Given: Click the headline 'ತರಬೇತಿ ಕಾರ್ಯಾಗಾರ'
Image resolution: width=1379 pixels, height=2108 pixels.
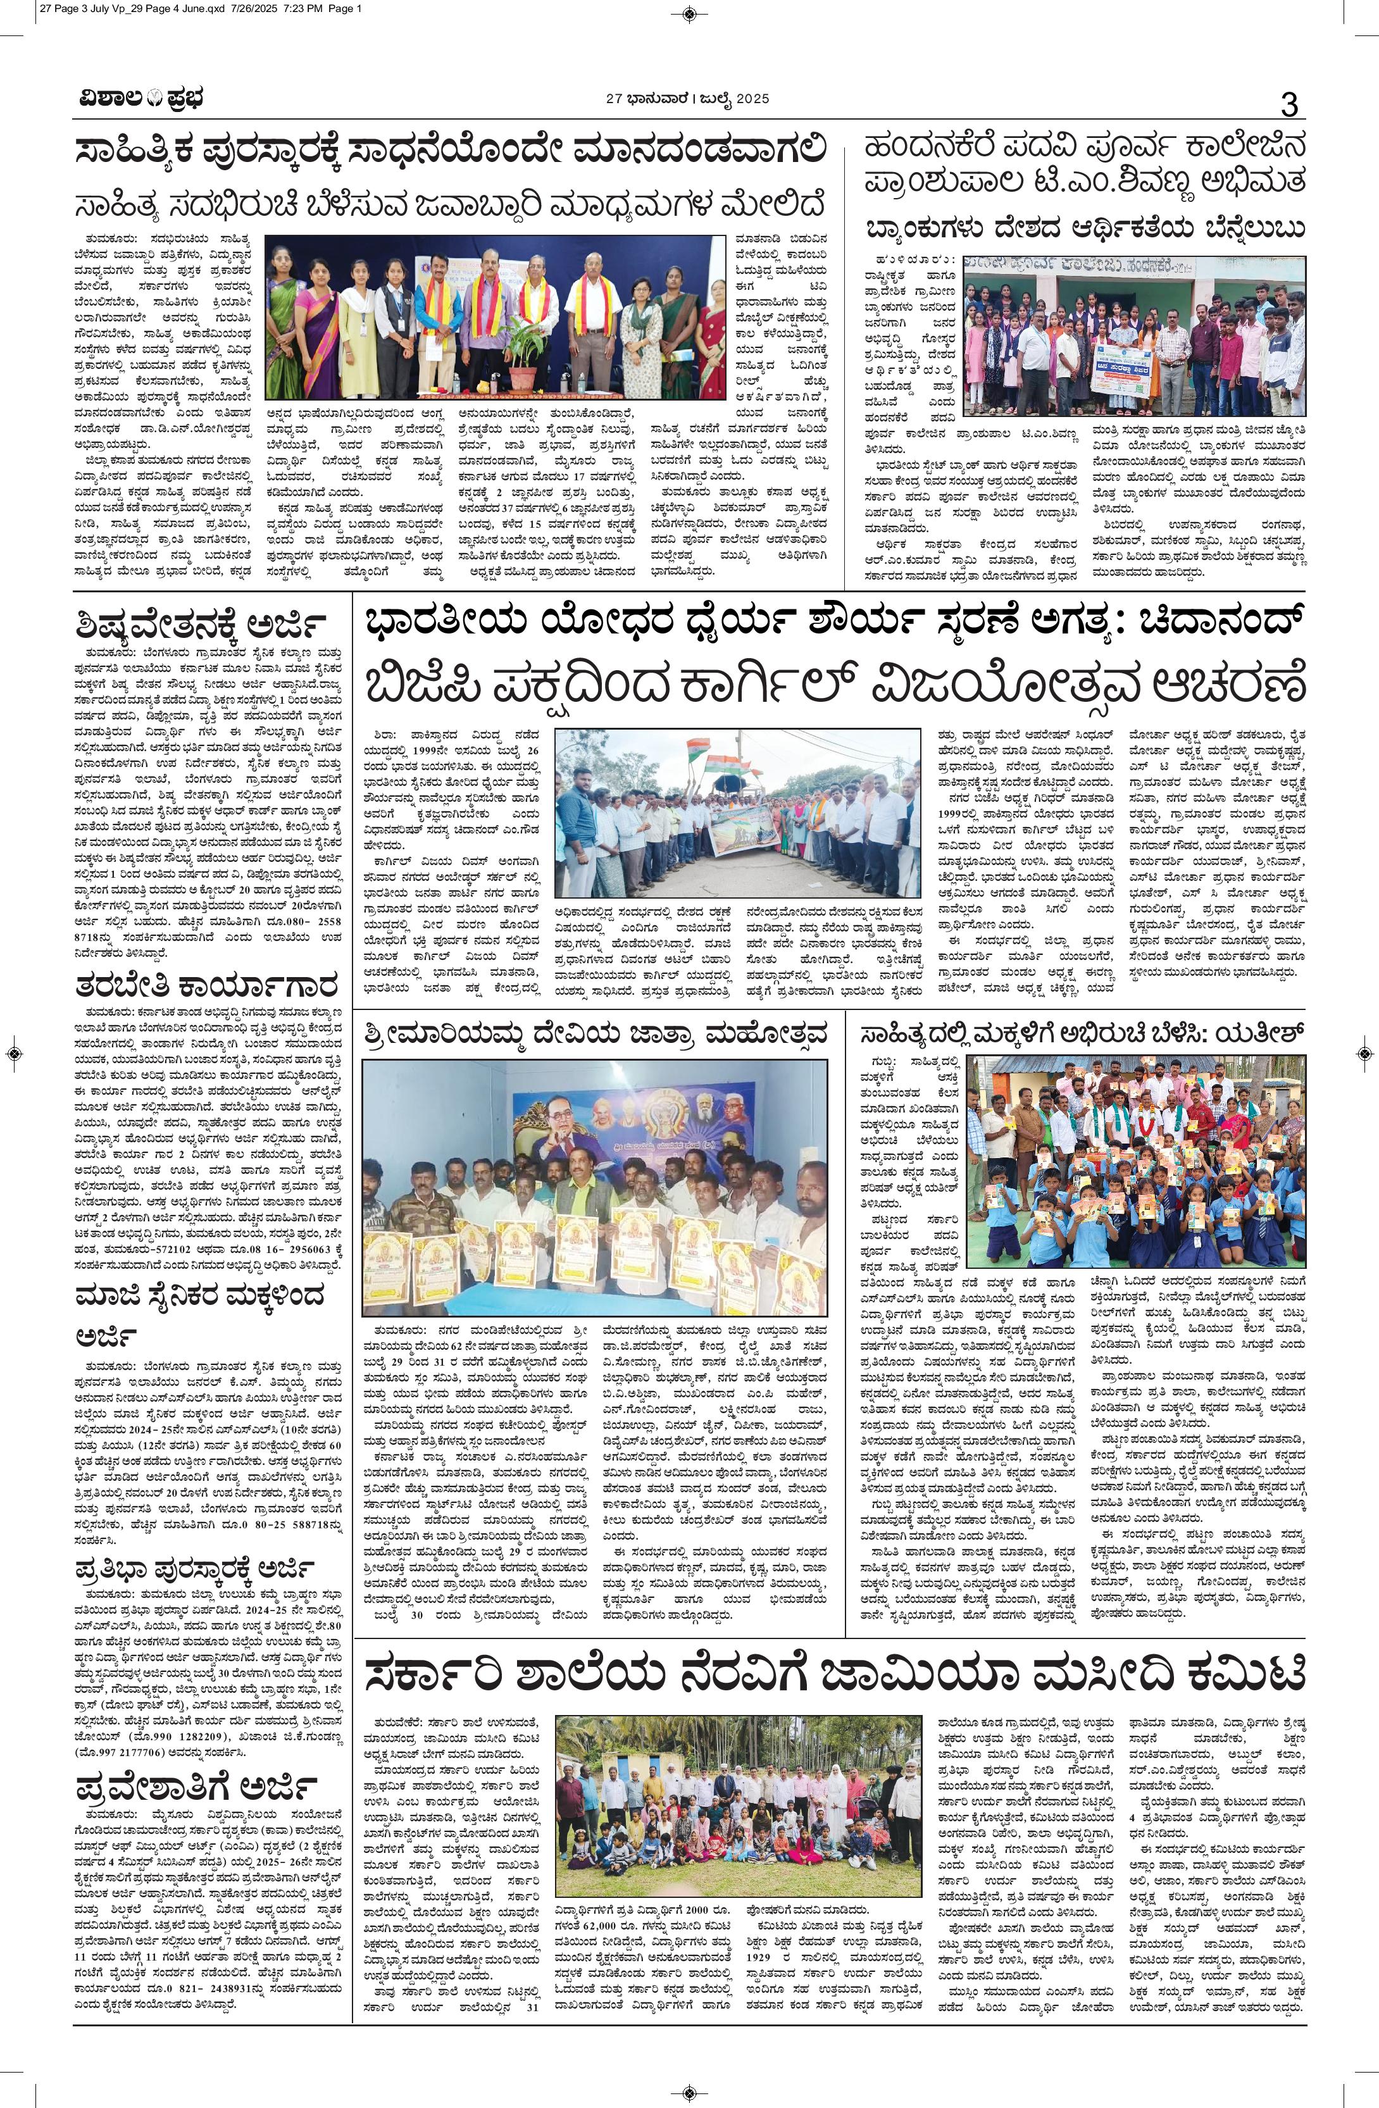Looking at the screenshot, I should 206,985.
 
